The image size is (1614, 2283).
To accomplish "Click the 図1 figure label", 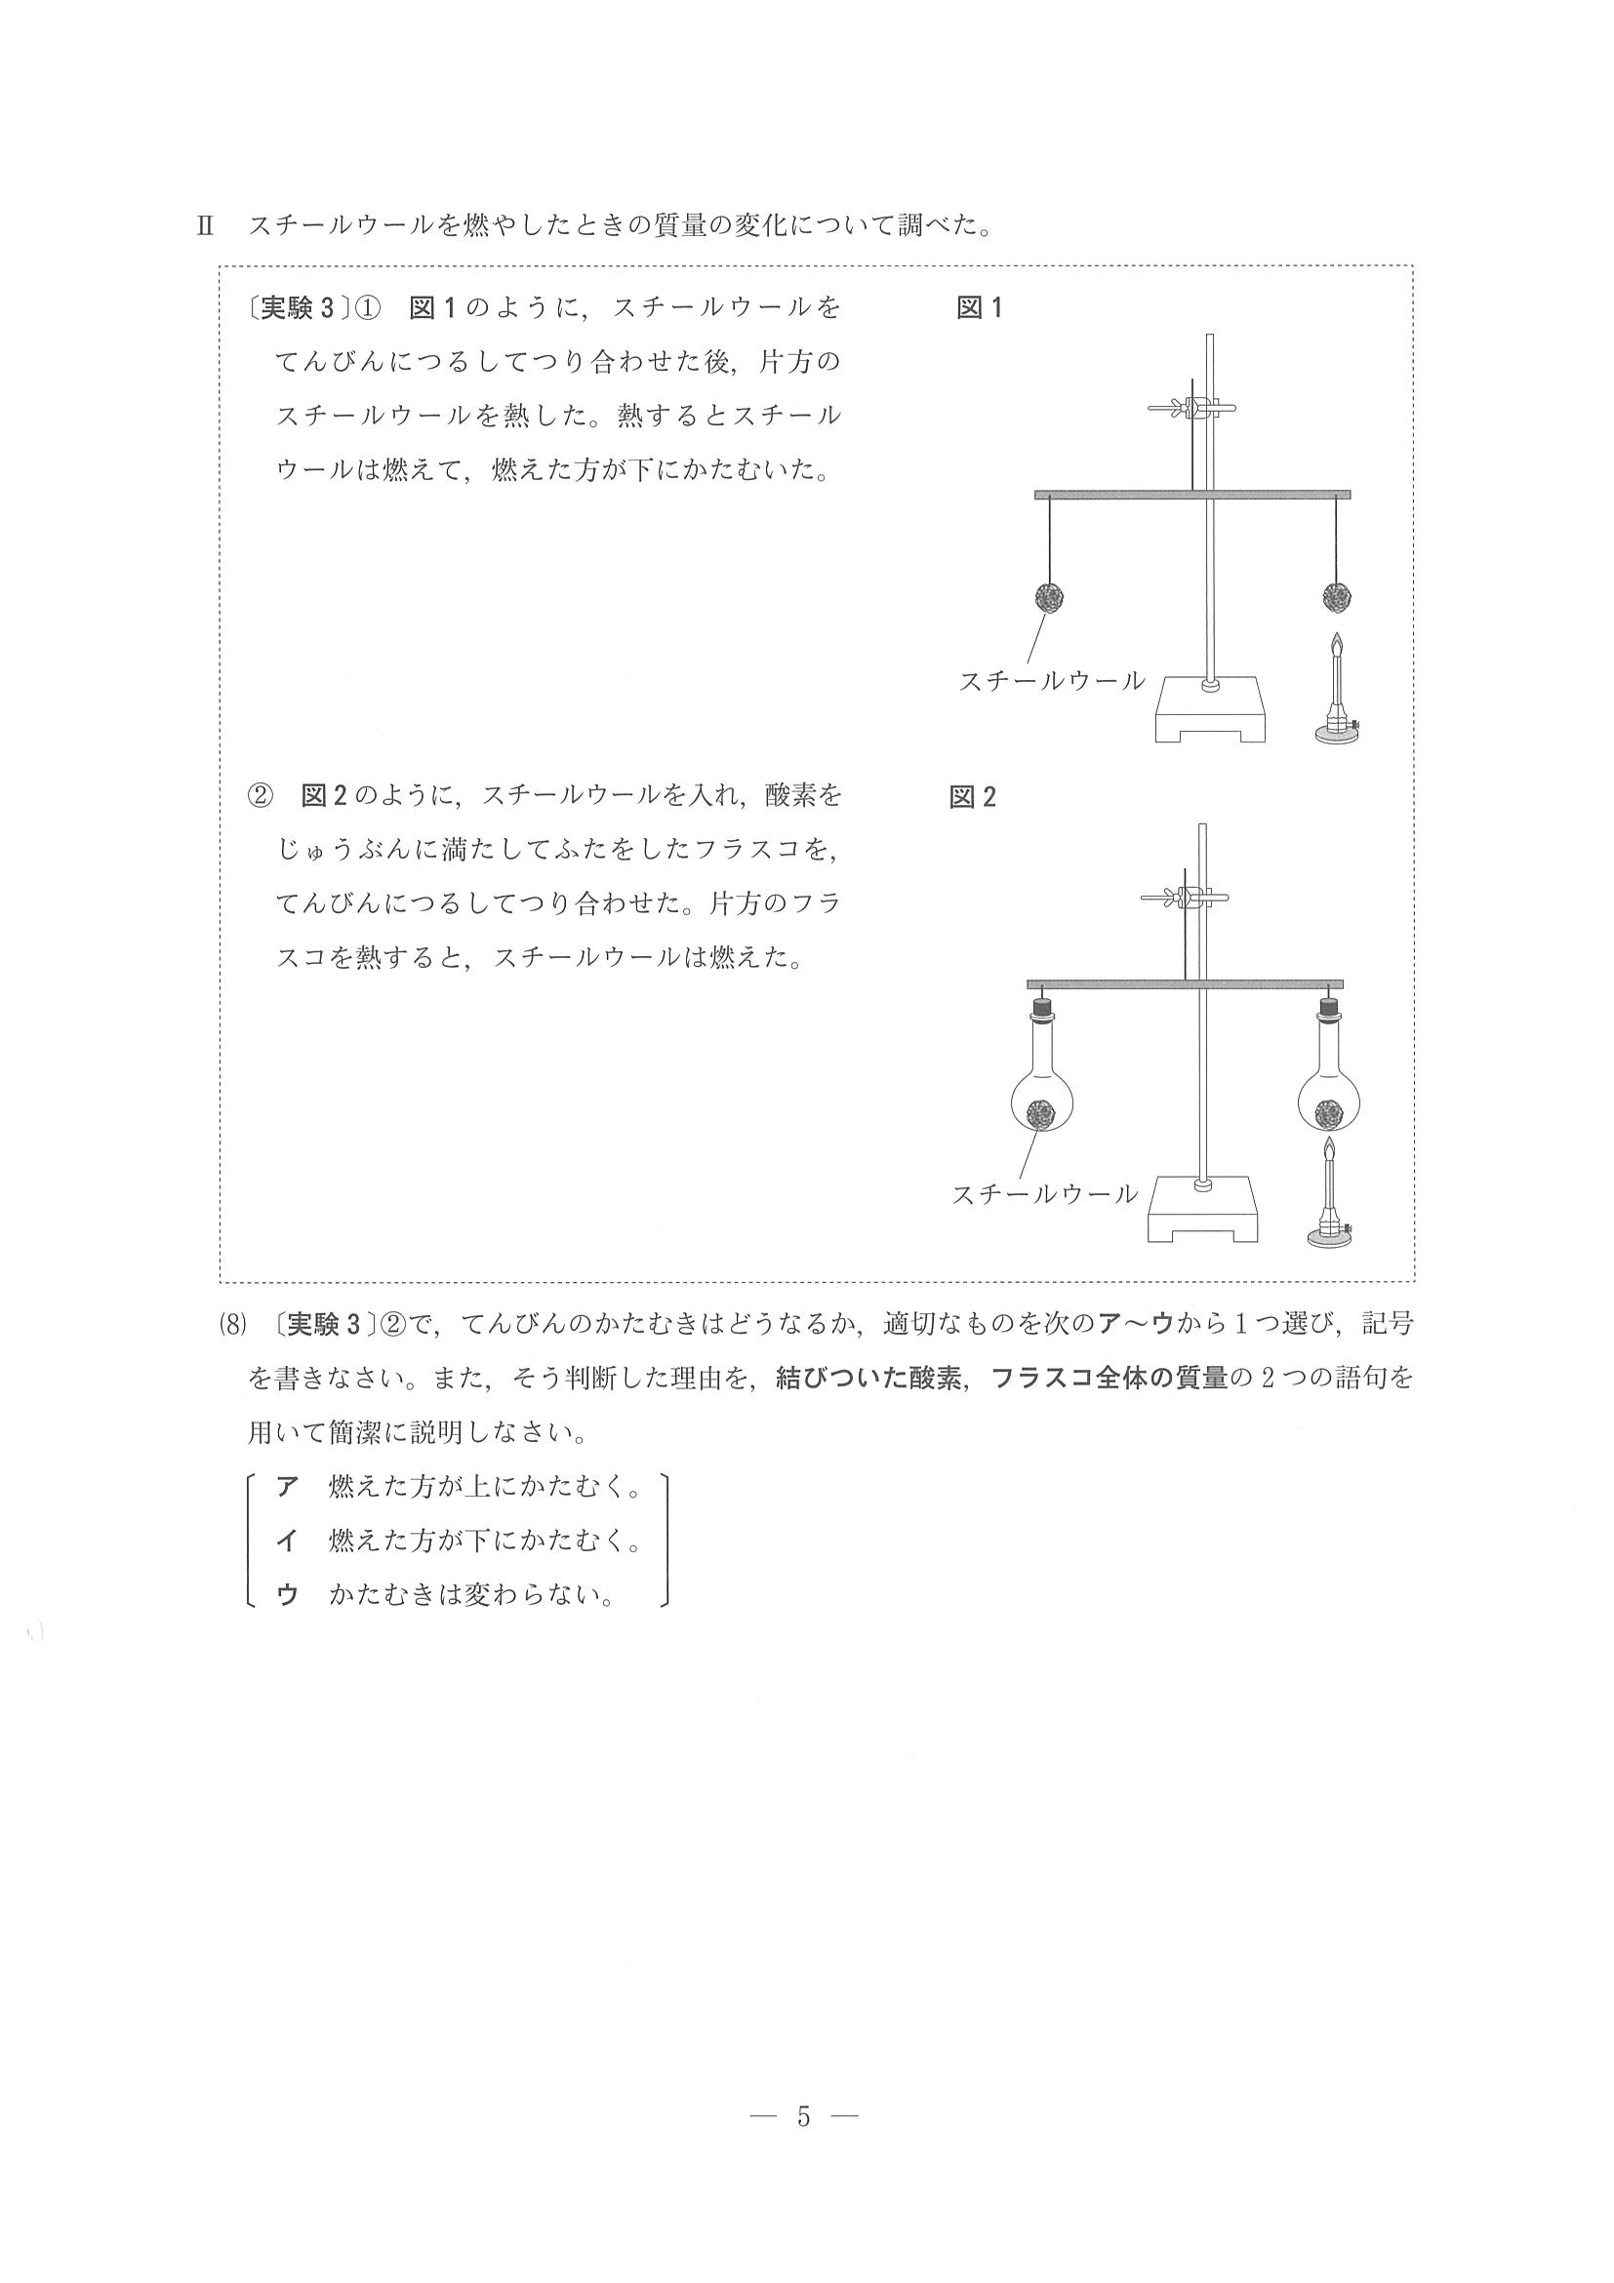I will [x=979, y=308].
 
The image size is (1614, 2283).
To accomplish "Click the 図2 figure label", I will [x=972, y=797].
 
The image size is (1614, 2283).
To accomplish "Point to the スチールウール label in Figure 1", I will [x=1051, y=681].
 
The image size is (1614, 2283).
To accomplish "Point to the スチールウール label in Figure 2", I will [x=1044, y=1194].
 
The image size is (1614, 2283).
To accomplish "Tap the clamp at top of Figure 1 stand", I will [x=1193, y=408].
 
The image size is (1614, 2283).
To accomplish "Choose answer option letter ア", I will [x=288, y=1487].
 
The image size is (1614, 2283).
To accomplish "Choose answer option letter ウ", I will [x=288, y=1595].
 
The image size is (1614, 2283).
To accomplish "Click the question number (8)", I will [x=231, y=1325].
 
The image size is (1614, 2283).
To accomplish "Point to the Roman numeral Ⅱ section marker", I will [x=206, y=225].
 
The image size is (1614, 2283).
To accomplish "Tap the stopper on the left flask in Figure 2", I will [x=1042, y=1008].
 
